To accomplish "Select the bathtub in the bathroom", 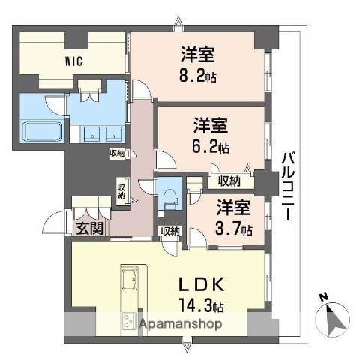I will click(41, 133).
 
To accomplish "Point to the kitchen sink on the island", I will click(127, 274).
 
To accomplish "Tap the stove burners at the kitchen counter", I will click(127, 322).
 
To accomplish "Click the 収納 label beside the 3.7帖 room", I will click(229, 180).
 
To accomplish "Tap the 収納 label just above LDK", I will click(169, 231).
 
